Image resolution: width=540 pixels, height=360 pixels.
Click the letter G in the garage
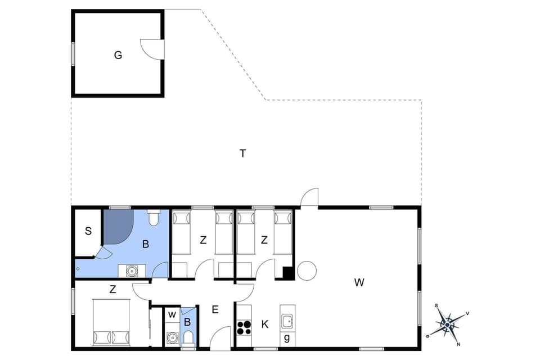tap(118, 55)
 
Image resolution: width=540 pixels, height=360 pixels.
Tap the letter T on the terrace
tap(243, 153)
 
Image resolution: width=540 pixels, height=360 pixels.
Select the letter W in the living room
tap(359, 282)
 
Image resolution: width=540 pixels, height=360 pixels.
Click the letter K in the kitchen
tap(265, 324)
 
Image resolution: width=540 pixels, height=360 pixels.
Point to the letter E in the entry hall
tap(215, 309)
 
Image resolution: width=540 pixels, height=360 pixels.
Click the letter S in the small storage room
tap(88, 231)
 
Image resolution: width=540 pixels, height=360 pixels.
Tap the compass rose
tap(447, 324)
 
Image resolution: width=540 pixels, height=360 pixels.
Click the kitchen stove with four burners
tap(244, 327)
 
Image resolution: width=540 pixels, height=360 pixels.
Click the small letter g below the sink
tap(287, 338)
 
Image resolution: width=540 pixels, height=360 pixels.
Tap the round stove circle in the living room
tap(307, 271)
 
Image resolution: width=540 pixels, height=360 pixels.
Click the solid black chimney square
tap(288, 273)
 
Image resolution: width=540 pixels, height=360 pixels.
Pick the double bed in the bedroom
tap(111, 322)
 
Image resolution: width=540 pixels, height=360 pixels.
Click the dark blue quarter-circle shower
tap(116, 225)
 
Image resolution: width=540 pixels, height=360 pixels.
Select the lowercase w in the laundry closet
tap(172, 314)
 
